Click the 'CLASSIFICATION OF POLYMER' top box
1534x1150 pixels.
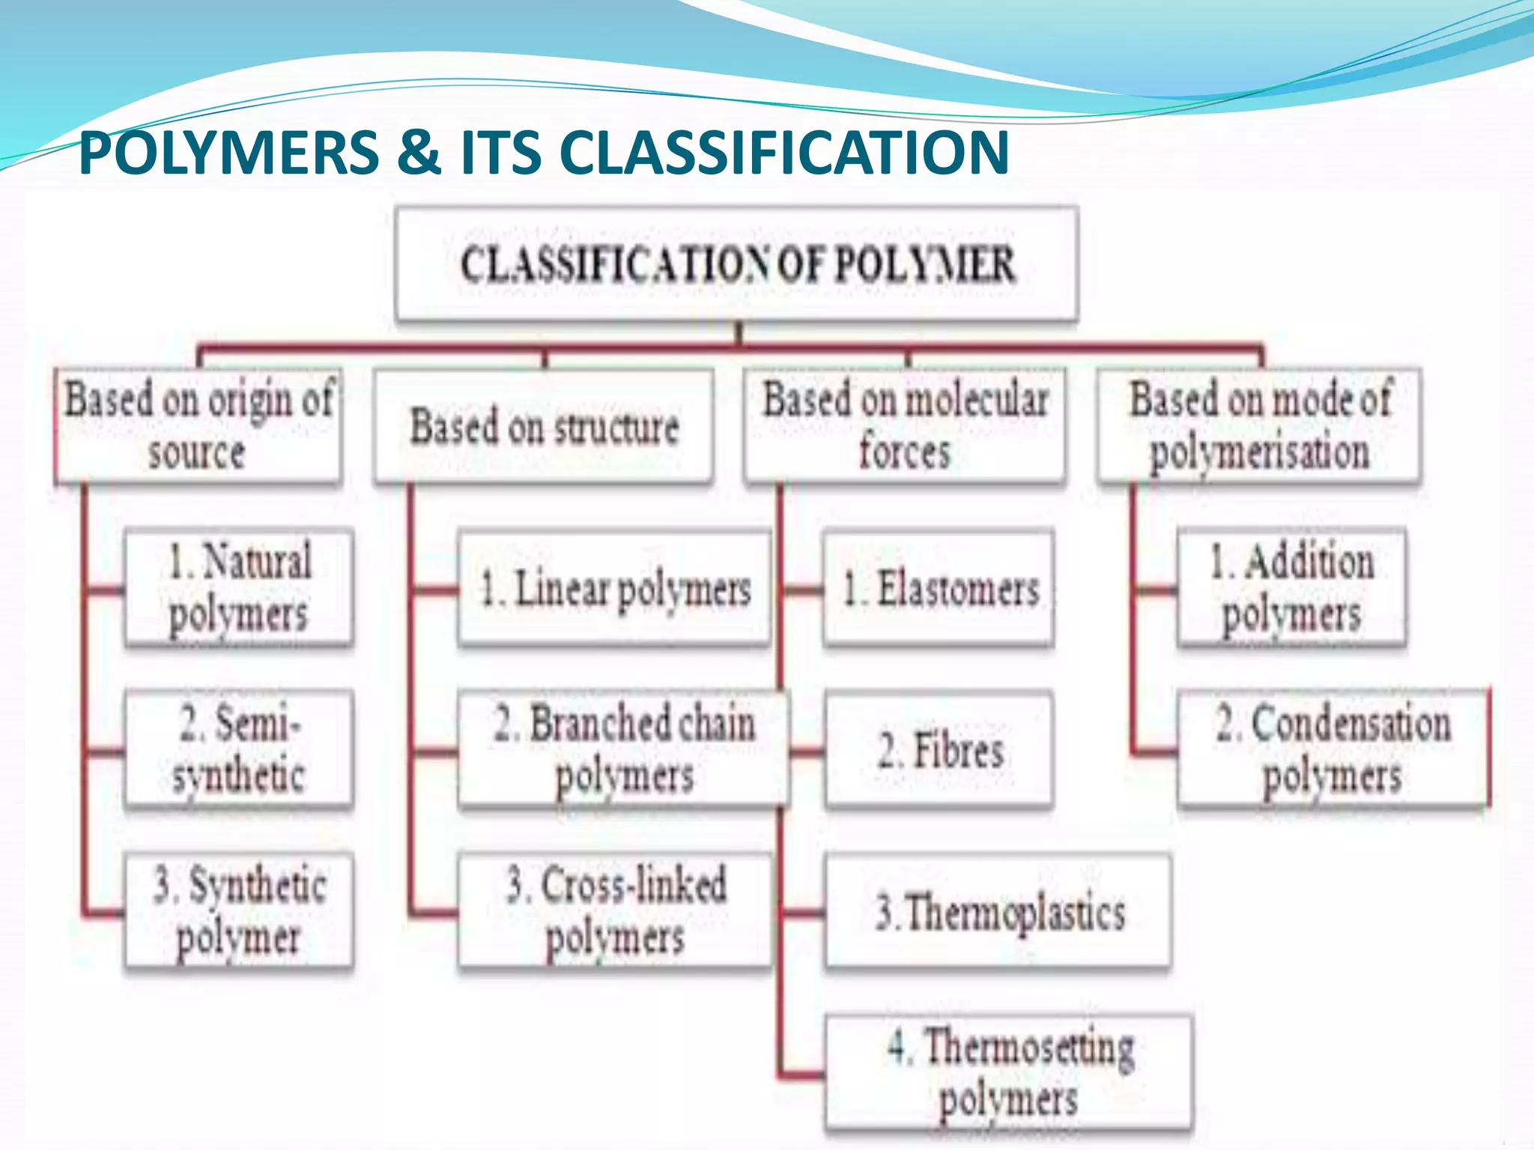[736, 264]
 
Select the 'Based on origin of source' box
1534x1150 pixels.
[198, 425]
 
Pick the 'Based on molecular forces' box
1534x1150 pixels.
[905, 425]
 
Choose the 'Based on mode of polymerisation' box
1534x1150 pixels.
[1259, 425]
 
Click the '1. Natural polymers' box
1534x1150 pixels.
[239, 588]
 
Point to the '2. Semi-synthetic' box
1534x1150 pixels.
[239, 749]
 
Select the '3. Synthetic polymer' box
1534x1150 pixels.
[239, 910]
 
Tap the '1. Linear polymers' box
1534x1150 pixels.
[614, 588]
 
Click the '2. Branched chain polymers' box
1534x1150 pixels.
[623, 749]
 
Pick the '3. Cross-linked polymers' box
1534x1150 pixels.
[614, 910]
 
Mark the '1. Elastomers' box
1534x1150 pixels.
[939, 588]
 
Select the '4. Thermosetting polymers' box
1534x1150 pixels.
[1009, 1073]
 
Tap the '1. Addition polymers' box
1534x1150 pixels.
[1291, 588]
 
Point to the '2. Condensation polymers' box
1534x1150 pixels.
[1333, 749]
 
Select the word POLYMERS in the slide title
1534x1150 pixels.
[229, 153]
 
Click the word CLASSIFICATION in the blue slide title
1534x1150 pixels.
[783, 153]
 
